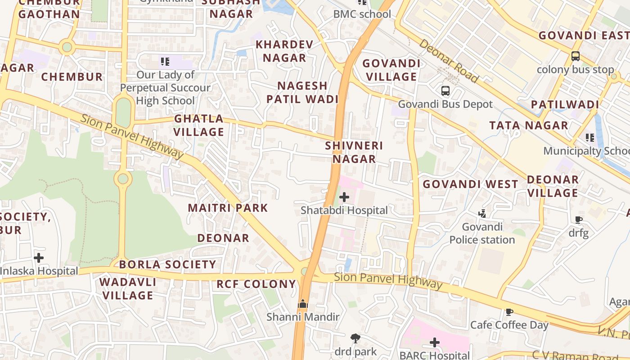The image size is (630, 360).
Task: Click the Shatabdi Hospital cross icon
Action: point(344,197)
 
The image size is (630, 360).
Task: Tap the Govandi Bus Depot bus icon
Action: point(445,91)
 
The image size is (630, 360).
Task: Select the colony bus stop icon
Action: point(576,56)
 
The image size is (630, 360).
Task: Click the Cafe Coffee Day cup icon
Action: point(509,312)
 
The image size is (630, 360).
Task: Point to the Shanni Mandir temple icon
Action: point(303,304)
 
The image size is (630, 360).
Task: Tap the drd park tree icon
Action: point(355,338)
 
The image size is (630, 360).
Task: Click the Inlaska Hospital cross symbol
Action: point(39,258)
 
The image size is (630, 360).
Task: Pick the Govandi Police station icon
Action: point(482,213)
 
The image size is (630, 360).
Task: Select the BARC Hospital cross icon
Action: point(435,343)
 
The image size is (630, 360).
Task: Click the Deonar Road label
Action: point(449,61)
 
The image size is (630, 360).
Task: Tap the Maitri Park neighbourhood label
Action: point(228,208)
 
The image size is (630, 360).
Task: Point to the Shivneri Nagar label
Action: point(354,152)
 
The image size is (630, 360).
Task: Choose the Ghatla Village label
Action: point(199,125)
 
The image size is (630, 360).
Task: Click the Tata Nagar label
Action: point(529,126)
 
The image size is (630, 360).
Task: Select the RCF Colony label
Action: point(256,284)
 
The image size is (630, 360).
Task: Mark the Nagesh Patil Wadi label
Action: point(302,92)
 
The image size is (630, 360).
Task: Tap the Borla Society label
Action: point(168,264)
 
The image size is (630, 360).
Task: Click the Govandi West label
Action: point(470,184)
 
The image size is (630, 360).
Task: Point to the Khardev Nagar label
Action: point(284,51)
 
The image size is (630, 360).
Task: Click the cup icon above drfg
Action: point(579,220)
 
